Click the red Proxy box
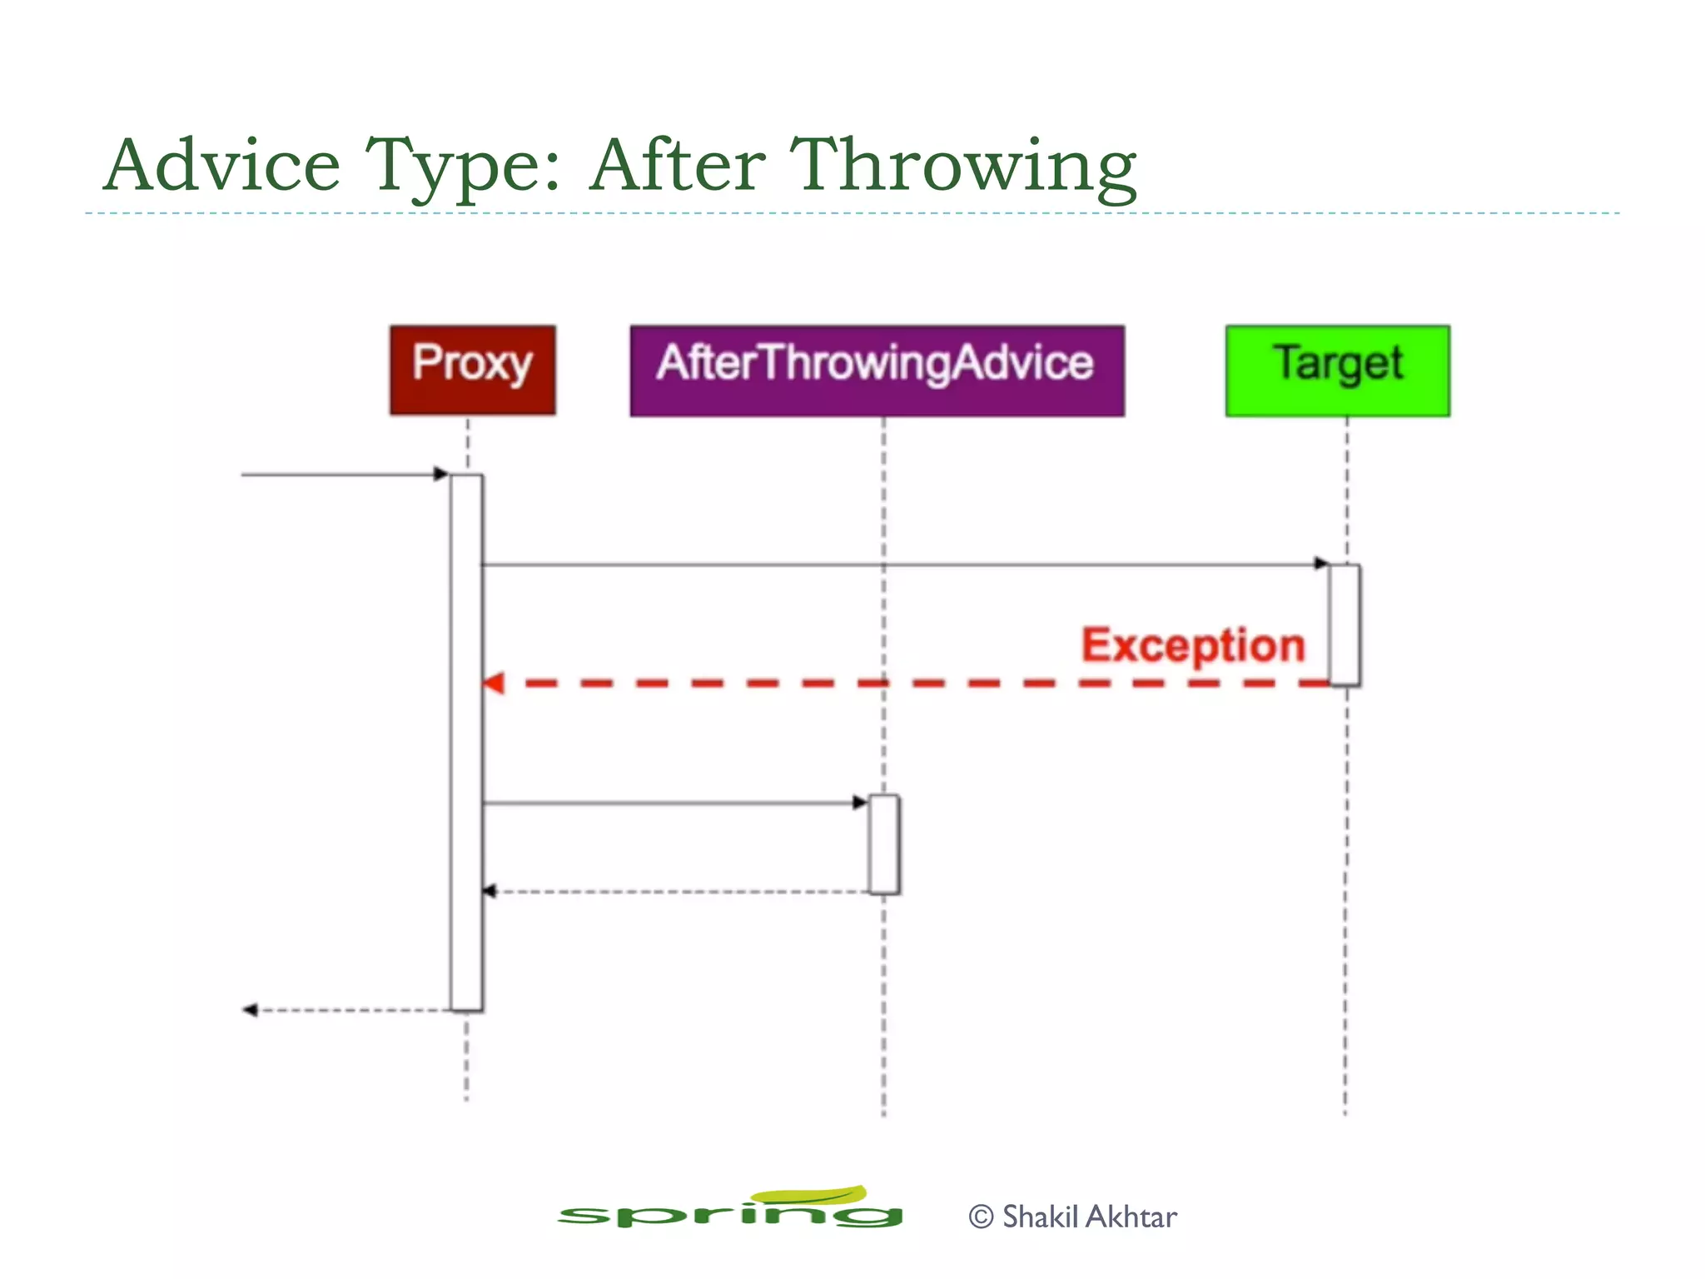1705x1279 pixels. point(472,370)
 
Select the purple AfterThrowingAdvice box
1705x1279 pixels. point(877,371)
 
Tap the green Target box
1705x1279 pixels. point(1337,371)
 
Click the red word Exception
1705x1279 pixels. point(1192,646)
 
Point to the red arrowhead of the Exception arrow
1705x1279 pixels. point(494,684)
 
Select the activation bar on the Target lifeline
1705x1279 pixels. point(1345,625)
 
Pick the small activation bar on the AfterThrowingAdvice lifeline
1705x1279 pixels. point(883,844)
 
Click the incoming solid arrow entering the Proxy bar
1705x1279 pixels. point(341,475)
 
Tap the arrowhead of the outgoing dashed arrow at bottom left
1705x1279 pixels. point(249,1010)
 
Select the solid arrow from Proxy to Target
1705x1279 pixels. point(899,565)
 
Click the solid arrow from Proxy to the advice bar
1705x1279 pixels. point(674,804)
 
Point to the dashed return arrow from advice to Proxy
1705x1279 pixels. point(674,892)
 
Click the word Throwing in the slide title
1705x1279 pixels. point(962,167)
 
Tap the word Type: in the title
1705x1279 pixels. point(463,167)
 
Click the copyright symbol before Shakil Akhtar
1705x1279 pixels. point(981,1217)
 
